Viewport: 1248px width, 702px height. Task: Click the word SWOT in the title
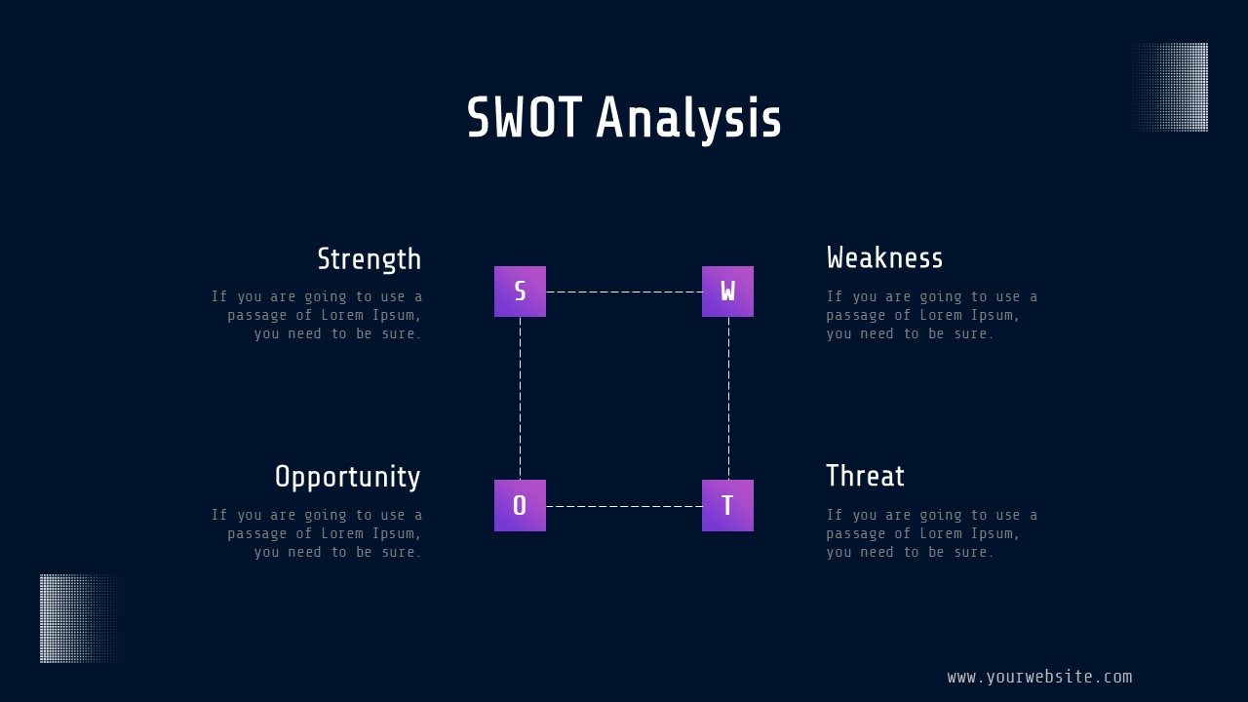525,117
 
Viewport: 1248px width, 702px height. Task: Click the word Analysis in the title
688,120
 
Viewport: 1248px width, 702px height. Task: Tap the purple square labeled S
520,292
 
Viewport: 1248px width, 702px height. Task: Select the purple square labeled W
727,292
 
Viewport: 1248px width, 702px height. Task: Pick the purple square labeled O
520,505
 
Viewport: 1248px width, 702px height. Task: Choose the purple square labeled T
727,505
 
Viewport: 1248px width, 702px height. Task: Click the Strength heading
370,259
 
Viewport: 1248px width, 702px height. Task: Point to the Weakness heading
884,258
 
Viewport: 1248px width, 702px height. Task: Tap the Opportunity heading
348,478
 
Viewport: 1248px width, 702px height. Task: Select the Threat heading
865,476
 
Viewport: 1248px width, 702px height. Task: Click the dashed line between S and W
624,292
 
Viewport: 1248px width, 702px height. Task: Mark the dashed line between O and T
624,506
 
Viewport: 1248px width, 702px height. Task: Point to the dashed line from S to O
521,399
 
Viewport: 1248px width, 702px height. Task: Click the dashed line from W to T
728,399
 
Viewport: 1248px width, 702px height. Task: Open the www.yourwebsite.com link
1039,677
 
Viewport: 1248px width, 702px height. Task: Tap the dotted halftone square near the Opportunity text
81,618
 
